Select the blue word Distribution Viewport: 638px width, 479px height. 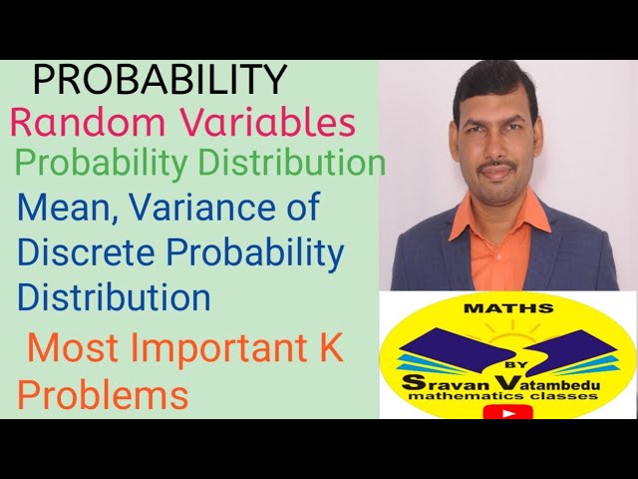(114, 296)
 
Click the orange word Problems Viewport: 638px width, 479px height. (103, 395)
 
